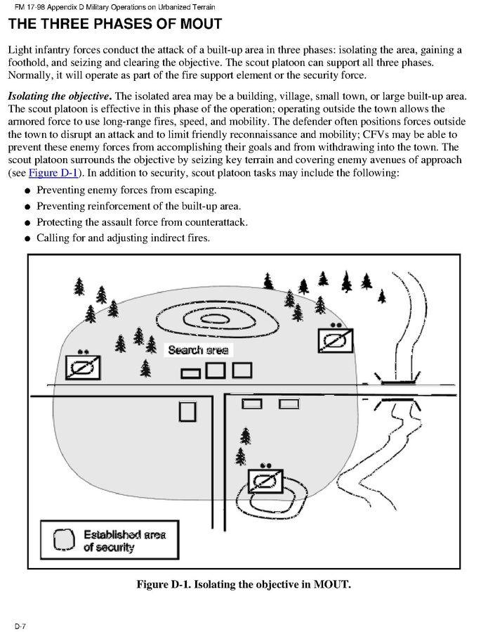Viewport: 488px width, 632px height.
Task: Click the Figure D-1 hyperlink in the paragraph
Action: pyautogui.click(x=53, y=173)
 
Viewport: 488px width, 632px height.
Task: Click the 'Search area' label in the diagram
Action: pyautogui.click(x=198, y=350)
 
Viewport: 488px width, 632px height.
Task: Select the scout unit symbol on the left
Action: pyautogui.click(x=83, y=366)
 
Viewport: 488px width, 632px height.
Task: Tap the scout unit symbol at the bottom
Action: pyautogui.click(x=265, y=481)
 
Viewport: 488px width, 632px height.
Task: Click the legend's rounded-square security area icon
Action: pyautogui.click(x=64, y=540)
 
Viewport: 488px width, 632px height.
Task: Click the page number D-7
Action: pyautogui.click(x=20, y=625)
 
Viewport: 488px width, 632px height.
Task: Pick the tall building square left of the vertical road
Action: pyautogui.click(x=187, y=411)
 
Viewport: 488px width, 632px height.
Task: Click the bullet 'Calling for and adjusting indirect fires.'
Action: pyautogui.click(x=123, y=238)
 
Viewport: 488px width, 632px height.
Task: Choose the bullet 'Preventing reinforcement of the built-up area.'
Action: pyautogui.click(x=138, y=207)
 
